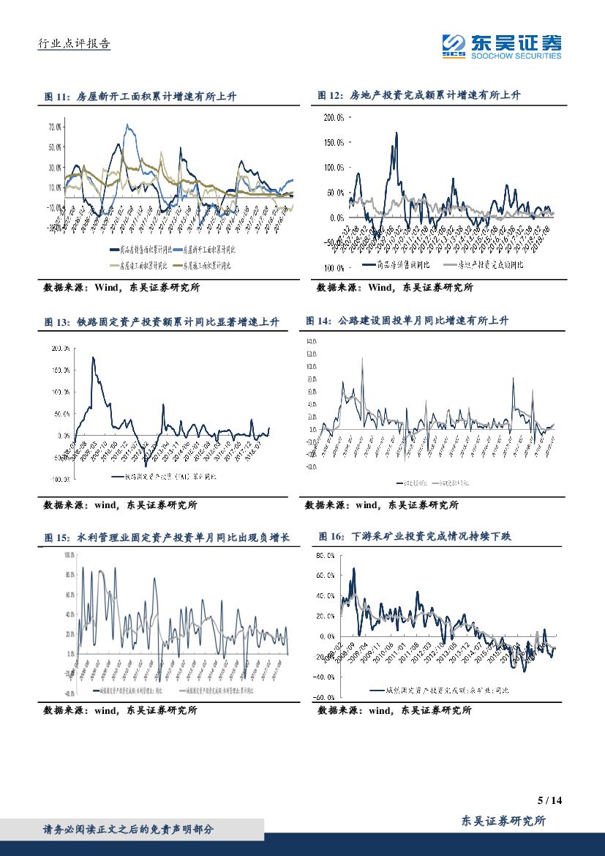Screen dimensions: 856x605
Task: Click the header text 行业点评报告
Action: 74,44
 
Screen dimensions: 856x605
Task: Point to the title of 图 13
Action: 161,322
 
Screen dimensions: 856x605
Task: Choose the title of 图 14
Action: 406,321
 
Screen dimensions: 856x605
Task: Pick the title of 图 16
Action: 415,537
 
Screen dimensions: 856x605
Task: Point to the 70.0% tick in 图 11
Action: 55,127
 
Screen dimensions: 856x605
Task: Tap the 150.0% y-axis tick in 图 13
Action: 60,371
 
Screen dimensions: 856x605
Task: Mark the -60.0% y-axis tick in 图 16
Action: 324,697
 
